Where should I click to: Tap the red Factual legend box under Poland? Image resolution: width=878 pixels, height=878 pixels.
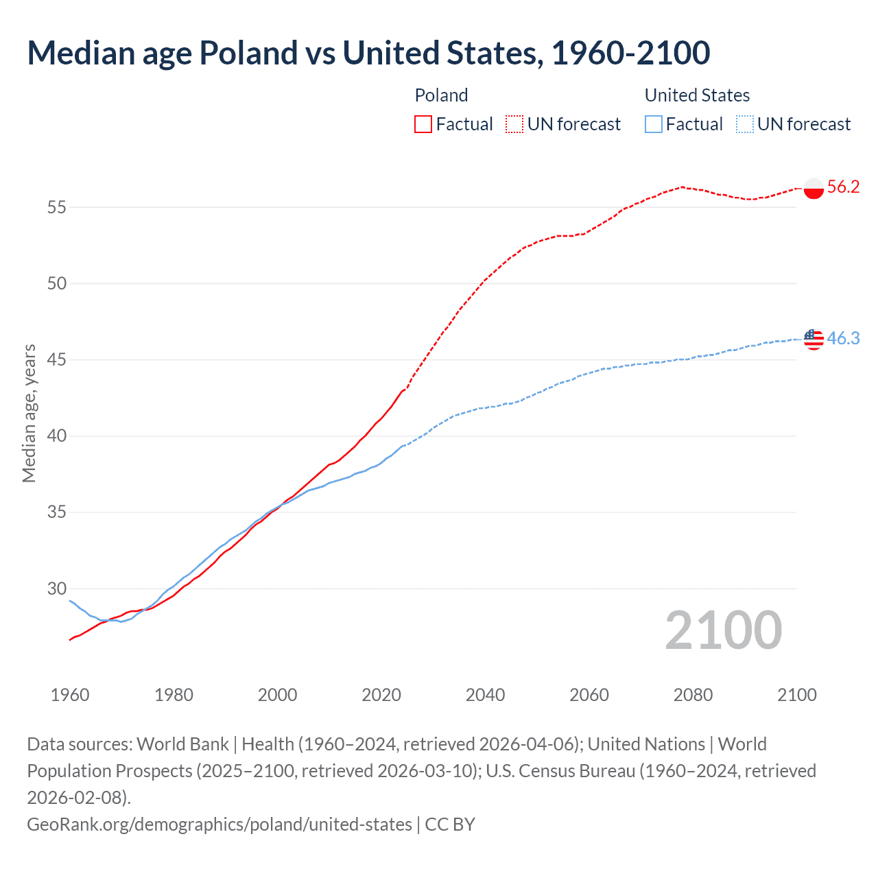[423, 124]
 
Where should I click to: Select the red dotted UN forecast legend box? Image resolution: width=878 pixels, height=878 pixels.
[514, 124]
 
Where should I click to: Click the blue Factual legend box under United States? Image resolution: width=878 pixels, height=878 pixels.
[654, 124]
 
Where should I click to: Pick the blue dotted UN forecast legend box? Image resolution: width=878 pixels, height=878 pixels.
[744, 124]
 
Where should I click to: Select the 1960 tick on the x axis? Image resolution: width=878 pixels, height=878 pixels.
[70, 695]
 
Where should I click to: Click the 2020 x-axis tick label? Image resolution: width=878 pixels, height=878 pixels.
[381, 695]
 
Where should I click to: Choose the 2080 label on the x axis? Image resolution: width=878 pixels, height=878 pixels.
[693, 695]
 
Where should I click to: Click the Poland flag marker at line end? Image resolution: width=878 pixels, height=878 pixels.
[814, 188]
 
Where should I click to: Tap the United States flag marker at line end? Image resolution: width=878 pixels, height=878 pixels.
[814, 339]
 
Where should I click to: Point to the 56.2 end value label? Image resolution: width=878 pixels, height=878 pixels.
[843, 187]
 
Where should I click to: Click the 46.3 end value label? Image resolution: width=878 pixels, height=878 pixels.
[843, 339]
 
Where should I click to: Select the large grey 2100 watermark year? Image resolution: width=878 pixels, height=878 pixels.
[723, 630]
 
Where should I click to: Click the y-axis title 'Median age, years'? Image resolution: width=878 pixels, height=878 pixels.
[29, 414]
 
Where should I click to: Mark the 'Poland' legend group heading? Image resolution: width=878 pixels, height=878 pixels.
[441, 95]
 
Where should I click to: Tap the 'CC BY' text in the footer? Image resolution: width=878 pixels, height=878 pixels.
[450, 824]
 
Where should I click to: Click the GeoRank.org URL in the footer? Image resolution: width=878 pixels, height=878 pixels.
[219, 824]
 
